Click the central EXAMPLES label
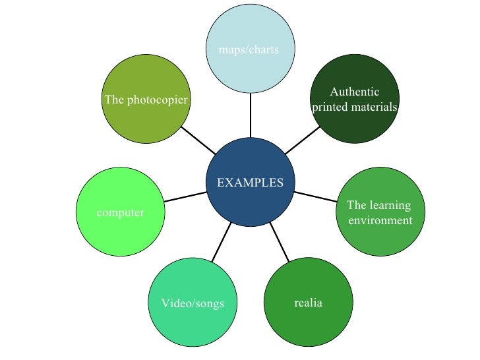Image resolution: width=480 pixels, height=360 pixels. pyautogui.click(x=251, y=182)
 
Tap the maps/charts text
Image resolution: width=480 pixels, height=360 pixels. pyautogui.click(x=249, y=49)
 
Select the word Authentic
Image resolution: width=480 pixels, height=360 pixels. pyautogui.click(x=355, y=92)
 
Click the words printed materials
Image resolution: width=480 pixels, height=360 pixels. pyautogui.click(x=355, y=106)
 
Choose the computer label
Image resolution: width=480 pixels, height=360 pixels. pyautogui.click(x=121, y=212)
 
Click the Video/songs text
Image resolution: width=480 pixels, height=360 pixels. pyautogui.click(x=193, y=303)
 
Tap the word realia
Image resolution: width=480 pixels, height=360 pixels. pyautogui.click(x=307, y=303)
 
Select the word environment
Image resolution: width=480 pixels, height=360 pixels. pyautogui.click(x=380, y=220)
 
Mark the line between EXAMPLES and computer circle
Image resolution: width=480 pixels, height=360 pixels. pyautogui.click(x=186, y=196)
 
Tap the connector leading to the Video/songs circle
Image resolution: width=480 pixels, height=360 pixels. pyautogui.click(x=220, y=242)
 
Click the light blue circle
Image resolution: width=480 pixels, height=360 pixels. pyautogui.click(x=251, y=26)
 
